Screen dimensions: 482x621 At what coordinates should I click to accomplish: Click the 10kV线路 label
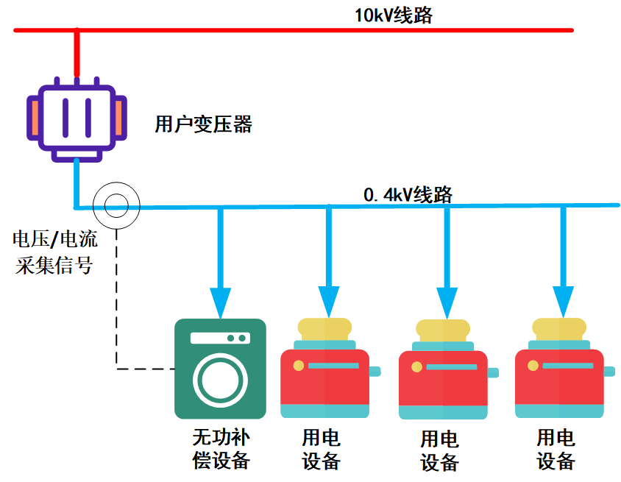[x=393, y=15]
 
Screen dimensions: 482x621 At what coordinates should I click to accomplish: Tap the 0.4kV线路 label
[x=408, y=195]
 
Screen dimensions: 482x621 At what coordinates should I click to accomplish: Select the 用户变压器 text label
[x=203, y=124]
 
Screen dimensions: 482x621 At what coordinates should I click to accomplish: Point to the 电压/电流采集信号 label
[x=55, y=252]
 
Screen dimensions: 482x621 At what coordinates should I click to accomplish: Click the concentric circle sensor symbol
[x=116, y=205]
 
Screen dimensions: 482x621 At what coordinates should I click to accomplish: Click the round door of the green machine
[x=220, y=380]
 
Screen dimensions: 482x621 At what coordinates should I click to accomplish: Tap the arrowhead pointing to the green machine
[x=220, y=302]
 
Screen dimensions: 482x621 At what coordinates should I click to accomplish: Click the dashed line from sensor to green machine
[x=117, y=309]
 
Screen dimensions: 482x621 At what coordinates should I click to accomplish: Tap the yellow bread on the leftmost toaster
[x=324, y=328]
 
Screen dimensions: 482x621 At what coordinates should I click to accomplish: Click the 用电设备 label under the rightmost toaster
[x=556, y=450]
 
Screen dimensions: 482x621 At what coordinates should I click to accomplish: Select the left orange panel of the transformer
[x=35, y=118]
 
